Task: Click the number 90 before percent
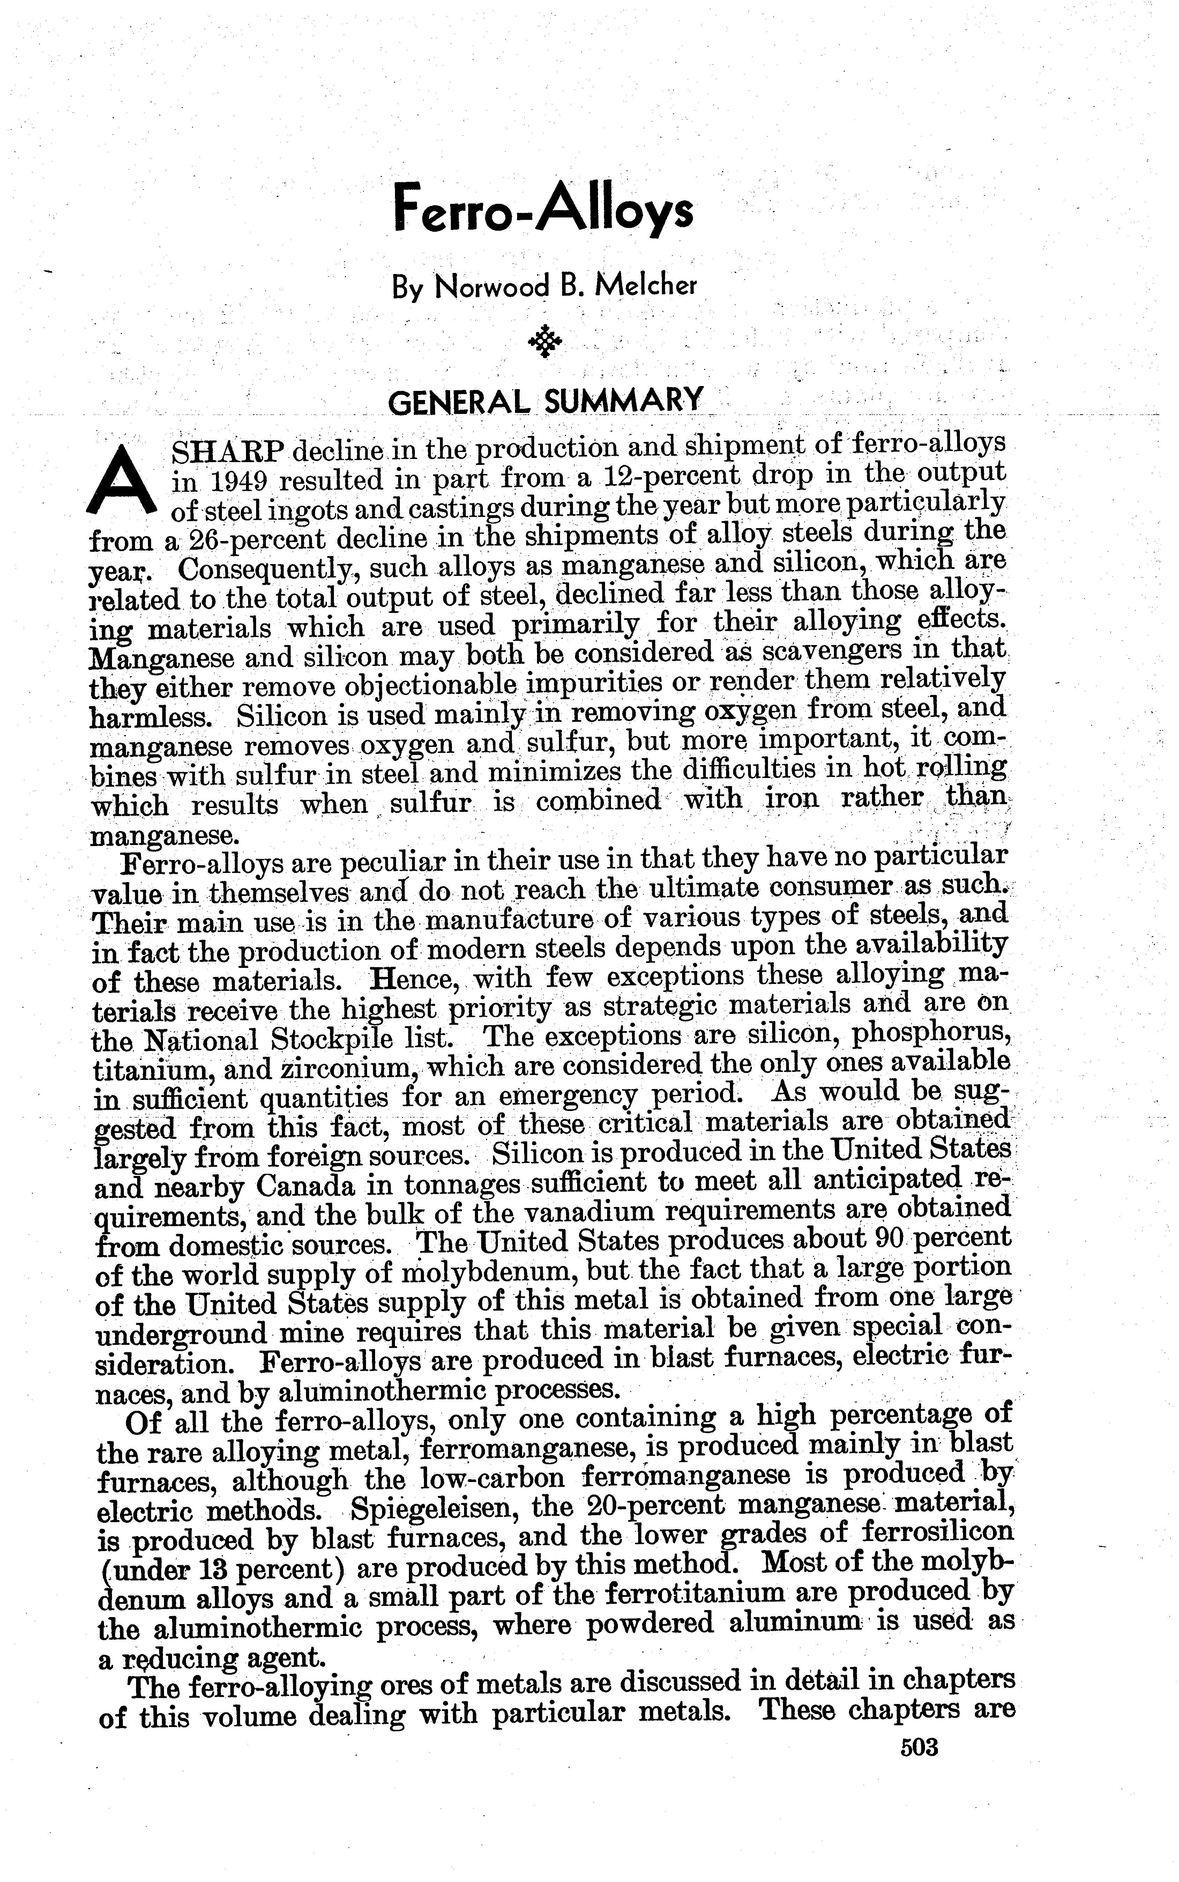pos(879,1238)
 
